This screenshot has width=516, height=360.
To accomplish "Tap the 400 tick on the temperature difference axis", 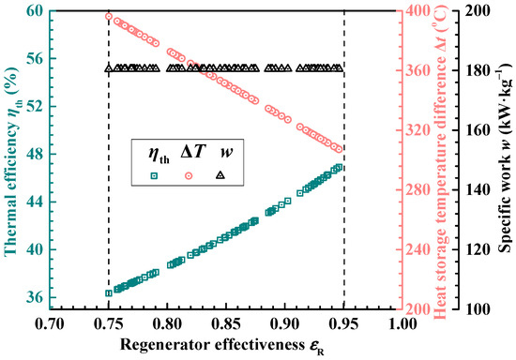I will (418, 11).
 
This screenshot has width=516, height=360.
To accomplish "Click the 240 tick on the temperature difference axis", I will (418, 249).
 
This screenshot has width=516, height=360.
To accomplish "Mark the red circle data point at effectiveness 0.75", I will (109, 16).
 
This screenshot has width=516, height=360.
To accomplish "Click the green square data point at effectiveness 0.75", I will (109, 292).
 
